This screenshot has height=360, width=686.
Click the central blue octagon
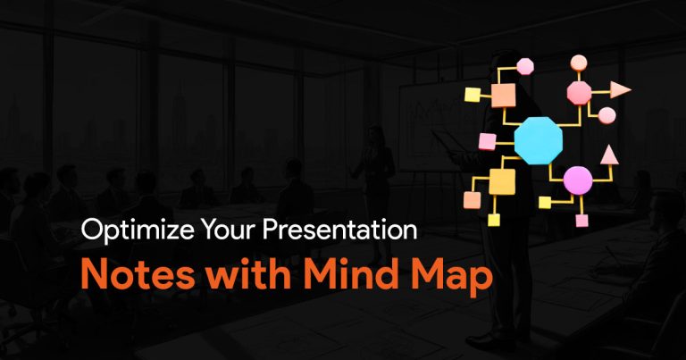coord(538,141)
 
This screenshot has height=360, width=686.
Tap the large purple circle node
coord(578,180)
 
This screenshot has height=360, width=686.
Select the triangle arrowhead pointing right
coord(621,89)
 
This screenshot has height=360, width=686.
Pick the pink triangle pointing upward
coord(609,155)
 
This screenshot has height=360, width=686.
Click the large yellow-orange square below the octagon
coord(502,181)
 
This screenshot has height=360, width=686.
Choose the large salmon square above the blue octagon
coord(503,96)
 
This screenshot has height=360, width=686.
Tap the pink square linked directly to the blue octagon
coord(488,142)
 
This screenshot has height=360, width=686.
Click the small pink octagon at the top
coord(525,66)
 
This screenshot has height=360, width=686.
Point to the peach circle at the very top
coord(579,63)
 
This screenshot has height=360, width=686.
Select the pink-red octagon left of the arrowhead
coord(579,93)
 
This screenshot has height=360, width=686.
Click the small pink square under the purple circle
coord(581,221)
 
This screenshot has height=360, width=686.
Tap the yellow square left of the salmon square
coord(473,95)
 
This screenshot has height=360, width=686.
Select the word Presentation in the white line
coord(340,230)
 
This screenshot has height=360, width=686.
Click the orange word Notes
coord(138,274)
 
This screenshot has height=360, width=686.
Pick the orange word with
coord(248,274)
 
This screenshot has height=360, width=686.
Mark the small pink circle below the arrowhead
coord(607,115)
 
